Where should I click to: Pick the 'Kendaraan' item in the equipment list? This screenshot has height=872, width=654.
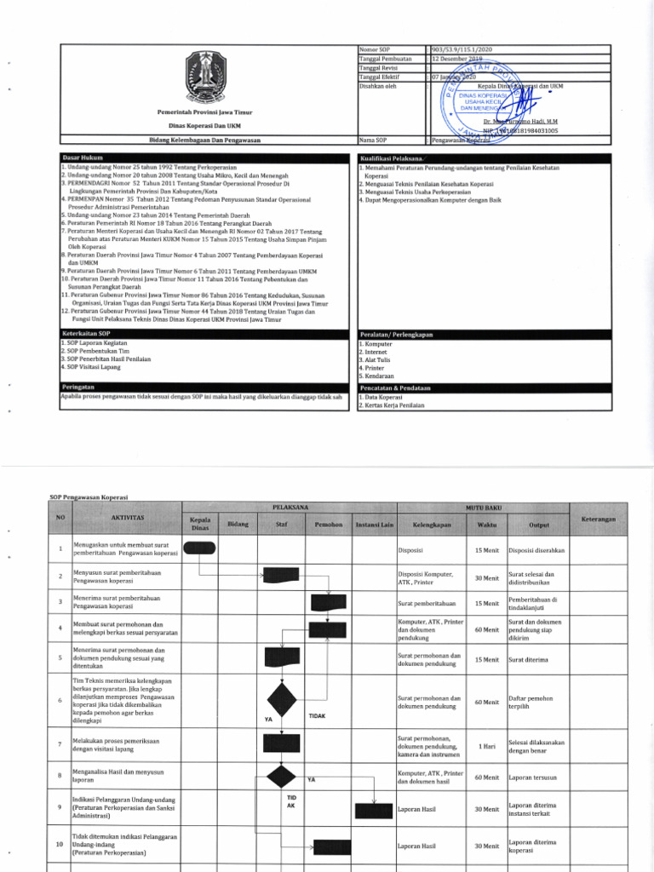(x=378, y=376)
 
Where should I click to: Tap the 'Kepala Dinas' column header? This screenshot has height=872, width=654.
(x=200, y=524)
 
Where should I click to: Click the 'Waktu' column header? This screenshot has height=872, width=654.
(x=488, y=525)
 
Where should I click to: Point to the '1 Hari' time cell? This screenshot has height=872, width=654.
(x=487, y=746)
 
